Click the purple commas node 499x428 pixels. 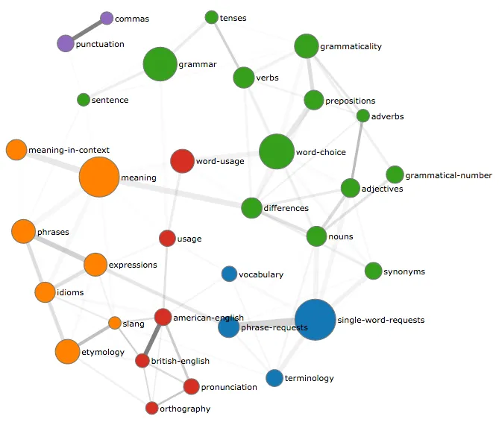[107, 18]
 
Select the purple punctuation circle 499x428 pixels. [66, 43]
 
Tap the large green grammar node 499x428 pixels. [160, 64]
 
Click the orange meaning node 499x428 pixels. [99, 177]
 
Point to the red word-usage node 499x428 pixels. [182, 161]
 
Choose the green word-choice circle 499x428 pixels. [277, 152]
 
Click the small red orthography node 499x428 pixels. [152, 408]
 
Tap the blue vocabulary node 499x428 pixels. [230, 274]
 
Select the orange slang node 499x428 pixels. [115, 323]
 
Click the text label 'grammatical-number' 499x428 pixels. [448, 176]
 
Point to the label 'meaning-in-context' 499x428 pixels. [69, 151]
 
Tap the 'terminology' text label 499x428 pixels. [310, 379]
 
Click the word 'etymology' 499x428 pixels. [104, 352]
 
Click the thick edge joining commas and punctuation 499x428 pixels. [87, 31]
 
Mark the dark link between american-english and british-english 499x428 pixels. [153, 339]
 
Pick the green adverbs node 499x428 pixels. [363, 116]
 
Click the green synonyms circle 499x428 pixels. [374, 271]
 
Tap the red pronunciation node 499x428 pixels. [191, 386]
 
